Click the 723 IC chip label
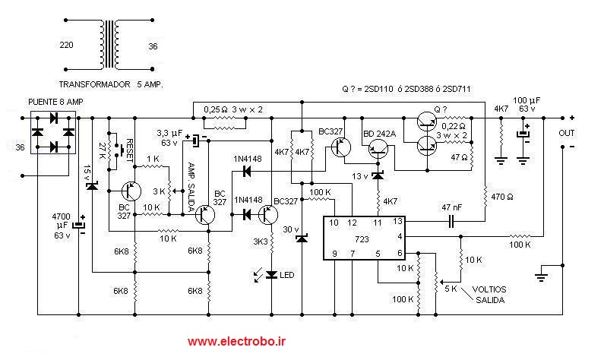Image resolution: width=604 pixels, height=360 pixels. [362, 239]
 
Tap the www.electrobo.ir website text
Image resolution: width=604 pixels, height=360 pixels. [236, 341]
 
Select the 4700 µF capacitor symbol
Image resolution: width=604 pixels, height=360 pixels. [79, 225]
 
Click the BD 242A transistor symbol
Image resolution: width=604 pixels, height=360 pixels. [378, 149]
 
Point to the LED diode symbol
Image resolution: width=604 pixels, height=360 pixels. [271, 274]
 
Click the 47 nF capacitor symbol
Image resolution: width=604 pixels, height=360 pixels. [451, 221]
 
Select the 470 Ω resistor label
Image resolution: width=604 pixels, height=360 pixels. [502, 197]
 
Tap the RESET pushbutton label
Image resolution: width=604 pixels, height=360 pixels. [130, 150]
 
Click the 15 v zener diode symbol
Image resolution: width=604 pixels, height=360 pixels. [92, 186]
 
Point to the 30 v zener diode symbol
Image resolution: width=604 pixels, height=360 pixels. [302, 238]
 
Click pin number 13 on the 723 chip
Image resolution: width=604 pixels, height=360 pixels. [397, 221]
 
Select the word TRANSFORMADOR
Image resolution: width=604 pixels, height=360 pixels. [94, 85]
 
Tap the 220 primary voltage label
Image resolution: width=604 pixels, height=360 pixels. [66, 45]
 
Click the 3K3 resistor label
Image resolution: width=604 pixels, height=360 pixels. [261, 242]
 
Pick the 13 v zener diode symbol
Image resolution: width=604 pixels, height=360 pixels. [378, 176]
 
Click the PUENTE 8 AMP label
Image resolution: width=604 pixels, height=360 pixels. [55, 102]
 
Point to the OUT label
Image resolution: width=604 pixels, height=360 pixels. [567, 133]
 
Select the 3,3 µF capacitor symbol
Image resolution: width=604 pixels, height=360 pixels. [196, 141]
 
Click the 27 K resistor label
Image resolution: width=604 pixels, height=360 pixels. [103, 150]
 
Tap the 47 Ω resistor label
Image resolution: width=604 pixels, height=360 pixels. [459, 157]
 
